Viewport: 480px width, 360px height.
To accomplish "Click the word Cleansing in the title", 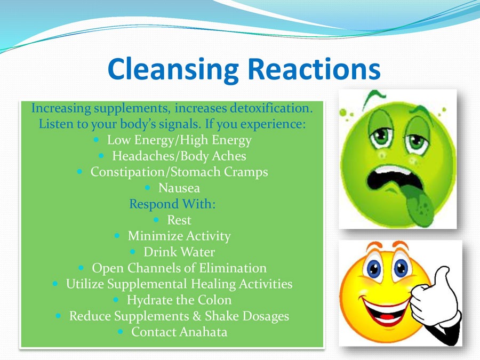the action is [173, 70].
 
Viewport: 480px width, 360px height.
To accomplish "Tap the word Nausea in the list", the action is [179, 188].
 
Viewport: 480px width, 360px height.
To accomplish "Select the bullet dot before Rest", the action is [156, 220].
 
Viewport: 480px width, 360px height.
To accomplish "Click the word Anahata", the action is [204, 332].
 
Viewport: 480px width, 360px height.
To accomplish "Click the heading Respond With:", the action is [172, 204].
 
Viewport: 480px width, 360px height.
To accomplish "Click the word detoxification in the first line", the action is [271, 108].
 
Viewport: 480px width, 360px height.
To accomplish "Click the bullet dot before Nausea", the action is [148, 188].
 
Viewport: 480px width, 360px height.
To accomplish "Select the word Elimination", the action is [233, 268].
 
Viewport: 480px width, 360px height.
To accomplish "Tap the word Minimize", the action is [155, 236].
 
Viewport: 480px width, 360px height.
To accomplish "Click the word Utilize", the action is [85, 284].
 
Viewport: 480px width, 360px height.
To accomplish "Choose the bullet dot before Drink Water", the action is [133, 252].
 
